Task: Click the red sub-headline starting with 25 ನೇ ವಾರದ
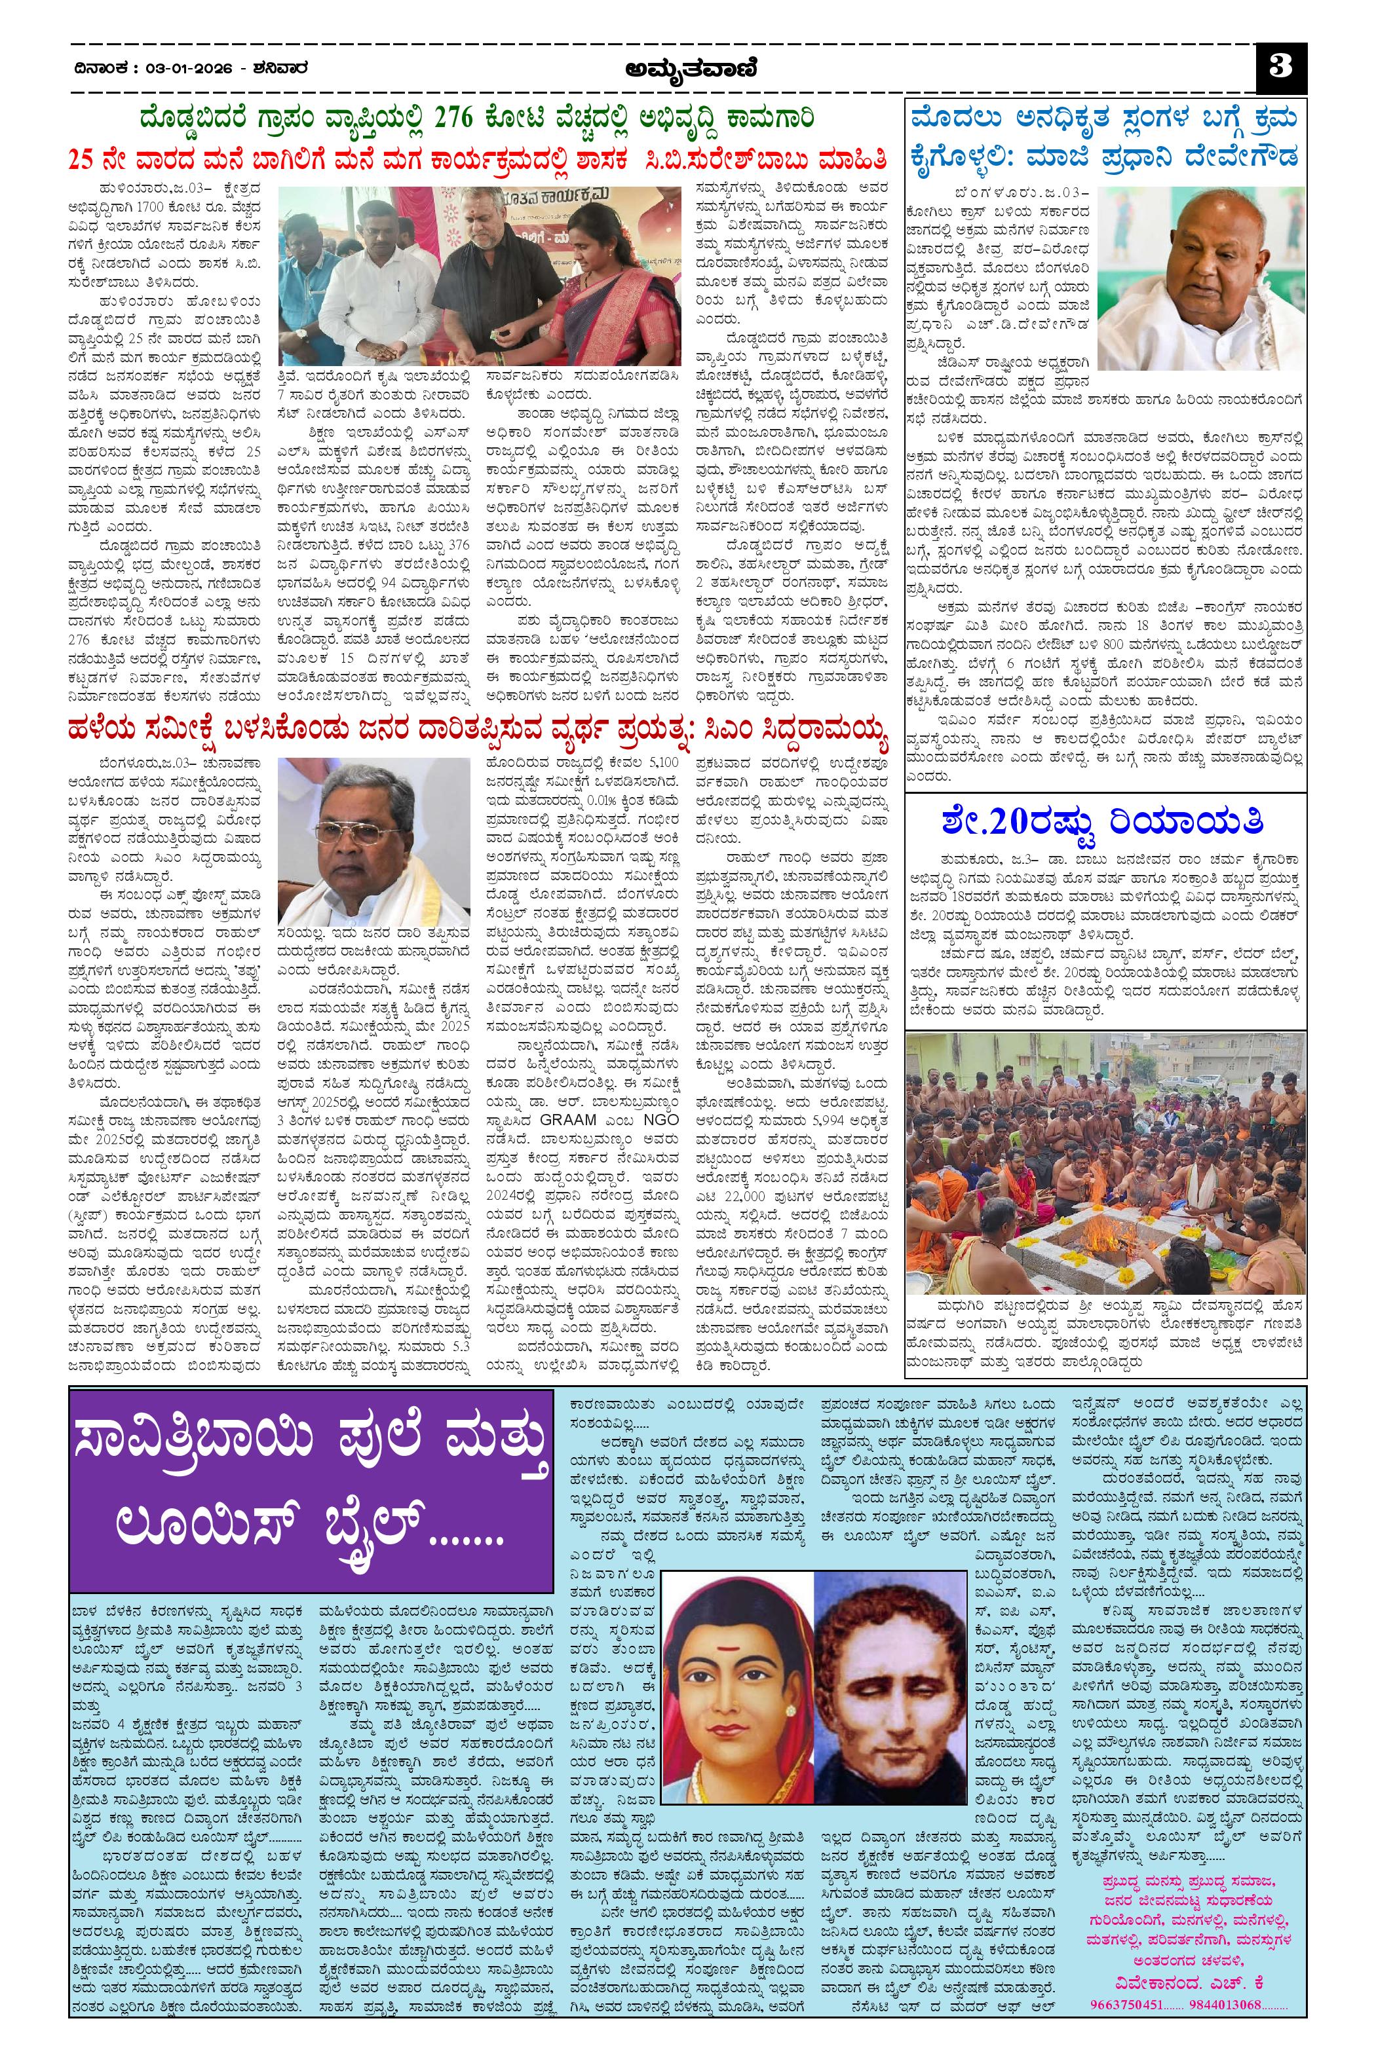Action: [478, 160]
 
